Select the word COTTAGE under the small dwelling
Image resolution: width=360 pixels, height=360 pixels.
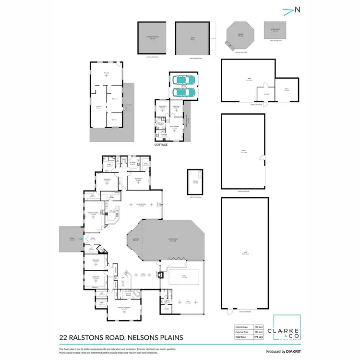pos(161,144)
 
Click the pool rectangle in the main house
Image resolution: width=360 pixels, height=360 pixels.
pos(185,276)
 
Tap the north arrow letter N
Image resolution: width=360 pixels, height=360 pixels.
pos(299,9)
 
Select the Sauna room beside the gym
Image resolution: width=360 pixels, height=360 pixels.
pos(166,310)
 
